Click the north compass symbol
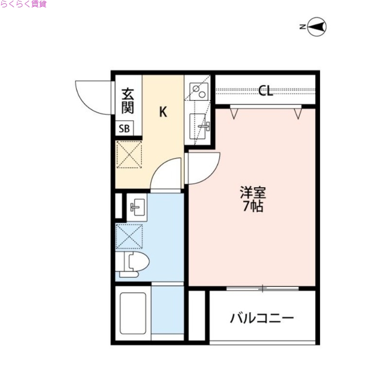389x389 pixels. click(x=317, y=27)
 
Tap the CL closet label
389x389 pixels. click(x=265, y=91)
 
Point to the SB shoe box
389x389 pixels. click(x=124, y=129)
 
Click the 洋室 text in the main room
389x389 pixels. click(x=253, y=192)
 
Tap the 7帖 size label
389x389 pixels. click(x=253, y=207)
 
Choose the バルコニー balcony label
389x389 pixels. click(x=262, y=319)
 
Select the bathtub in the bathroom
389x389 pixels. click(x=133, y=313)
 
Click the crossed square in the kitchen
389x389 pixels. click(x=129, y=155)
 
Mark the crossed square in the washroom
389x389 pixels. click(x=129, y=237)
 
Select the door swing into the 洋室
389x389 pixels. click(x=203, y=168)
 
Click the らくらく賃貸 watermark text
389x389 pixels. click(x=23, y=4)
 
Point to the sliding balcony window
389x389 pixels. click(x=263, y=289)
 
